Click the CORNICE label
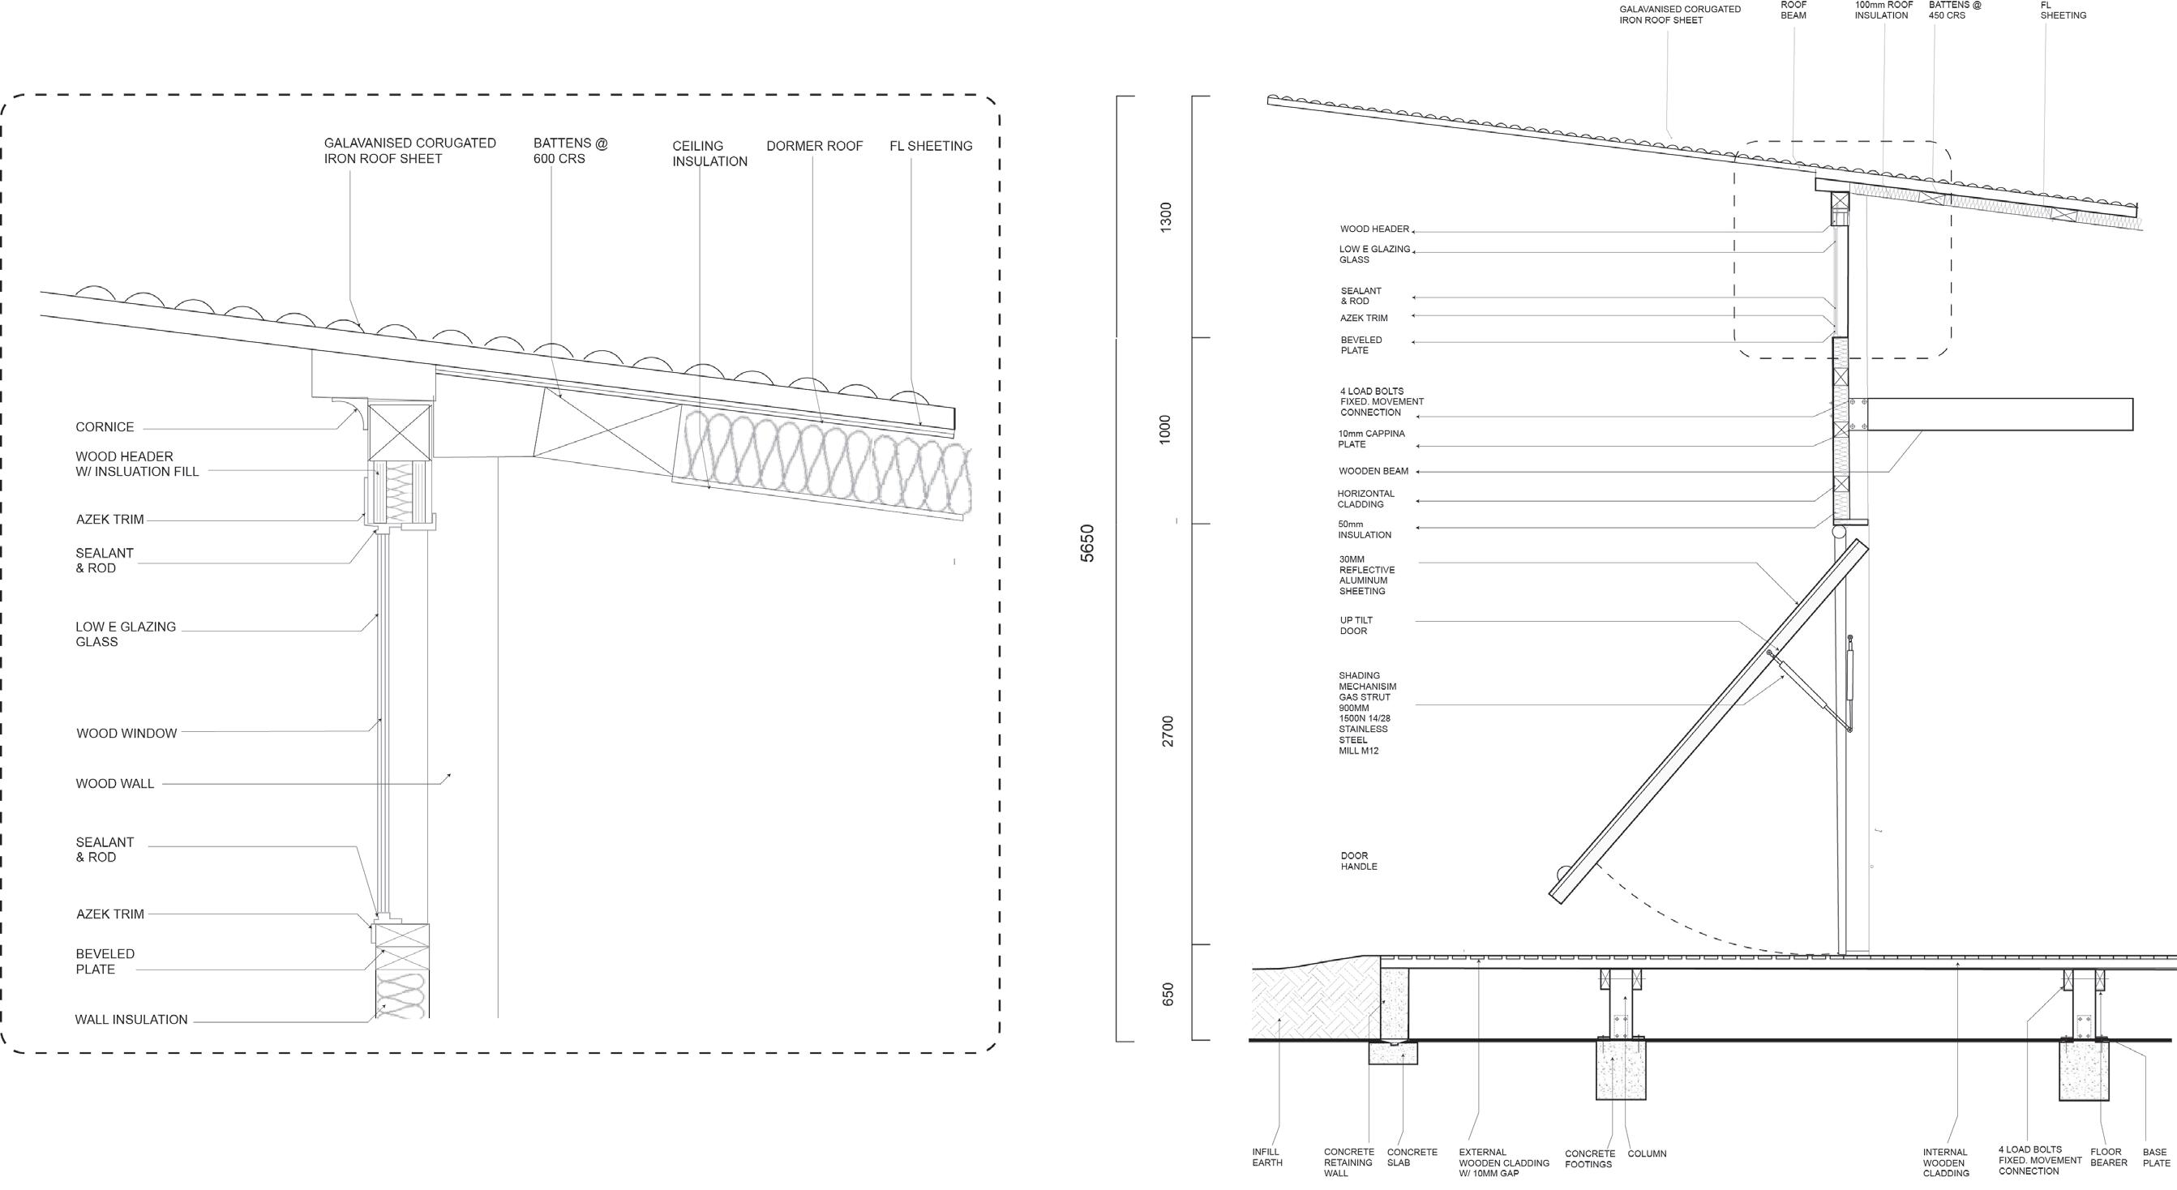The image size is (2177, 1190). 105,427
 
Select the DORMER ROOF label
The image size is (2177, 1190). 814,146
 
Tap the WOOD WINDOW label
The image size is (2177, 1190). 126,734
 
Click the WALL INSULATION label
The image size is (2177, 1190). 131,1019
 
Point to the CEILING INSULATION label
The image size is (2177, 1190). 709,154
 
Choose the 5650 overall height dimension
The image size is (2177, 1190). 1086,543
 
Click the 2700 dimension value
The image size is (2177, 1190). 1167,731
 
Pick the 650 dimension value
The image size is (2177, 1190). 1167,994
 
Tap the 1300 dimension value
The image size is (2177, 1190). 1166,218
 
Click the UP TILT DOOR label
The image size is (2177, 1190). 1356,626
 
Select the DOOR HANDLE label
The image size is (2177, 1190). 1358,861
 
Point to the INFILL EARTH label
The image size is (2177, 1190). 1266,1157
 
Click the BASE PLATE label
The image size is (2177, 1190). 2156,1158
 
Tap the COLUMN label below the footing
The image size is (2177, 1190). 1646,1154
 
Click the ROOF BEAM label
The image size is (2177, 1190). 1793,11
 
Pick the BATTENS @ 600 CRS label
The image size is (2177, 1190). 570,152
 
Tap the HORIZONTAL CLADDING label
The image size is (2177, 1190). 1365,499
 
